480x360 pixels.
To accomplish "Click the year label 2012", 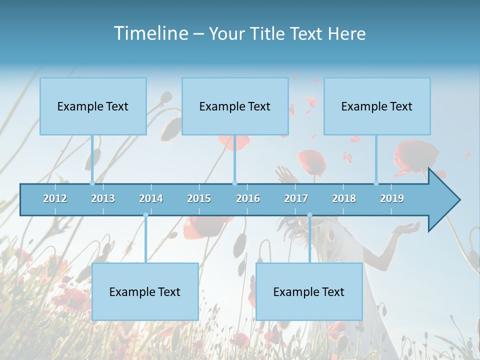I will tap(55, 198).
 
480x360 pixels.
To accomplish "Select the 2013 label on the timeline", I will tap(103, 198).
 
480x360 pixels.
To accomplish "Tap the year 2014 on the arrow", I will tap(151, 198).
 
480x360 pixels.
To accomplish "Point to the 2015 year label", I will tap(199, 198).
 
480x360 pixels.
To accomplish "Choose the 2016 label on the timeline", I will tap(248, 198).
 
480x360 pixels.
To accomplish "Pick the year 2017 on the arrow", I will tap(296, 198).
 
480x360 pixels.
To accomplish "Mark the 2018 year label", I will tap(344, 198).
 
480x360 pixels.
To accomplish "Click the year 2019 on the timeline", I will tap(392, 198).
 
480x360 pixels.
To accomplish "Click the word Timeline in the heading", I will tap(150, 33).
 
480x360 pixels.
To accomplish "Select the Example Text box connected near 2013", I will tap(93, 106).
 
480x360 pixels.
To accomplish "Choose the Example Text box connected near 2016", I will tap(235, 106).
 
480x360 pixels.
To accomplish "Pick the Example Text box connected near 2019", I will tap(377, 106).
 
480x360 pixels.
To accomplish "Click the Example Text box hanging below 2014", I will tap(145, 291).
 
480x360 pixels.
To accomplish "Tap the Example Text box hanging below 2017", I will tap(309, 291).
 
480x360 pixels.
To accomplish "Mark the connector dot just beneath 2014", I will tap(145, 215).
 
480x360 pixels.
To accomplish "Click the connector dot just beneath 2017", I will tap(309, 215).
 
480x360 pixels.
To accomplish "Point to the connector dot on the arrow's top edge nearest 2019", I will tap(376, 183).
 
